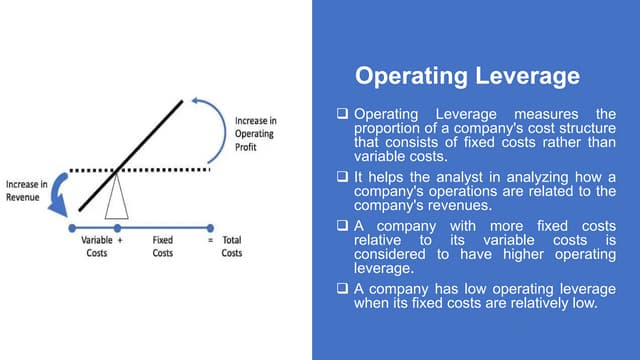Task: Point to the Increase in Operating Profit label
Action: point(256,135)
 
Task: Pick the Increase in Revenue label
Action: point(27,192)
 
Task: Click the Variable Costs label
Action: point(96,247)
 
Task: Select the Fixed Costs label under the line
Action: point(162,247)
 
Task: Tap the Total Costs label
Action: point(232,247)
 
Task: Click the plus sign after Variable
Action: point(119,241)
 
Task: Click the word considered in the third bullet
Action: point(398,255)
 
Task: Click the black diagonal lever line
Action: point(131,154)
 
